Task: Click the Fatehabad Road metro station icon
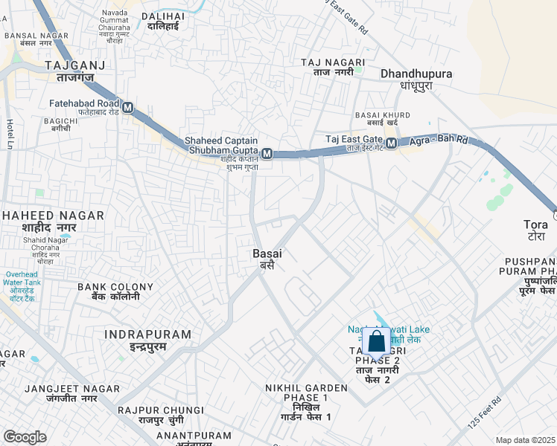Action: (x=128, y=108)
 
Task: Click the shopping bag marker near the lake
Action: (x=377, y=342)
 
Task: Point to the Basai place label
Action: (x=267, y=253)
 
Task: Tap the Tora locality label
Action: (x=535, y=224)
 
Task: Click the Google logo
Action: (x=25, y=436)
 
